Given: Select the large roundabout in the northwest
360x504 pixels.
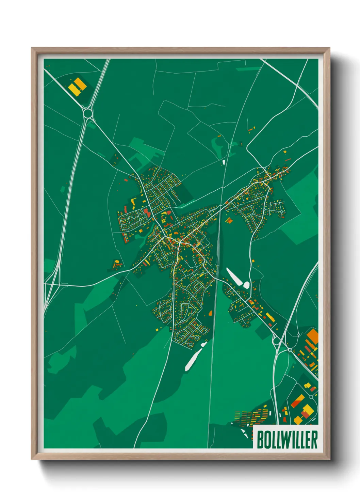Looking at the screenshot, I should click(88, 112).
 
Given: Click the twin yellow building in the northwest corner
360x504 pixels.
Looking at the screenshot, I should click(77, 86).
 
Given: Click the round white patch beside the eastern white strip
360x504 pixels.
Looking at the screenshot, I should click(246, 285).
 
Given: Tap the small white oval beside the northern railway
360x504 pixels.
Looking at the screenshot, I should click(224, 162).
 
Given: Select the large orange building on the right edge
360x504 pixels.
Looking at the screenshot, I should click(312, 336).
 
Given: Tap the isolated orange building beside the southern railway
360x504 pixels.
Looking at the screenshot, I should click(210, 313).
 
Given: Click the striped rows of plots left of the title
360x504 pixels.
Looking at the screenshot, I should click(252, 417).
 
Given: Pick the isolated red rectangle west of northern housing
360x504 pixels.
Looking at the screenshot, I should click(126, 180).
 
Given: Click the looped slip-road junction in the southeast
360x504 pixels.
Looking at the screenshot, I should click(276, 340).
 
